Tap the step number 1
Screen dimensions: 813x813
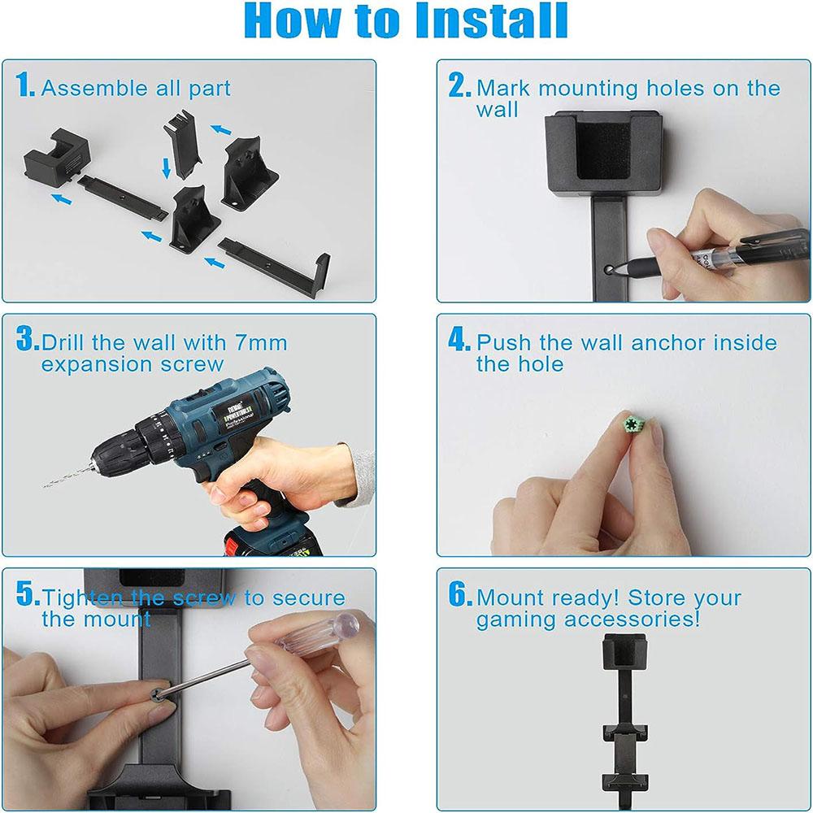[24, 85]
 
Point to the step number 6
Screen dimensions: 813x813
[459, 594]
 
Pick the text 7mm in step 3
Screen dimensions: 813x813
[261, 343]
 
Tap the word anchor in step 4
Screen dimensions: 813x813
[667, 343]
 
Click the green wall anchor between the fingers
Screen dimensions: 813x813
[633, 424]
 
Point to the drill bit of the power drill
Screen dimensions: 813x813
[67, 476]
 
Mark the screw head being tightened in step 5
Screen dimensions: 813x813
[159, 693]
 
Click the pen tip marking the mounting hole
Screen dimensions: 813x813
[611, 268]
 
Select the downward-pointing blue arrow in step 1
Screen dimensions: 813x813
[166, 168]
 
